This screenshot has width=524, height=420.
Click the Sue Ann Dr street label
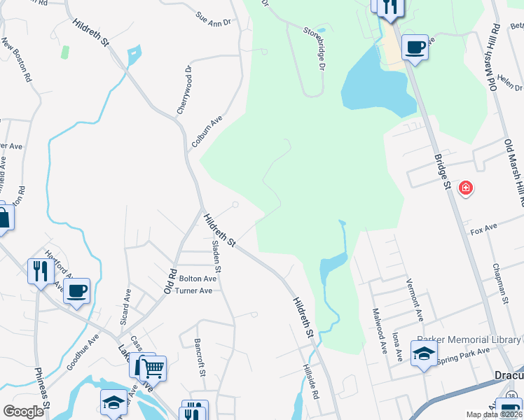(x=214, y=19)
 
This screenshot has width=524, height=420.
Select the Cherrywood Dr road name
(x=184, y=90)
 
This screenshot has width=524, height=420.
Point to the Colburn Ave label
(x=207, y=132)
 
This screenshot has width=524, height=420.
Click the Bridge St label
(x=441, y=171)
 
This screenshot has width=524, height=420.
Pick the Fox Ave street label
(x=483, y=229)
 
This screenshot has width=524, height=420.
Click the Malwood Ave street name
(x=379, y=330)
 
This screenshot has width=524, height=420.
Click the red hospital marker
(x=465, y=188)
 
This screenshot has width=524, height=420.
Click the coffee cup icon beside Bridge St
(x=415, y=48)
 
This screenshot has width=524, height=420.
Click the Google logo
(x=24, y=411)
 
